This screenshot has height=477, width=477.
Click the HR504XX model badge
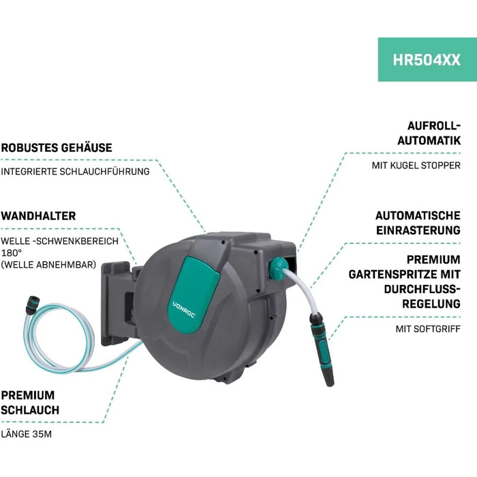click(x=427, y=59)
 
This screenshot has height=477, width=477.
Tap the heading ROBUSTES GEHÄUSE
click(x=57, y=147)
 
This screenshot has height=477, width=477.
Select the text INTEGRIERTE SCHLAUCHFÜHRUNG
click(x=75, y=172)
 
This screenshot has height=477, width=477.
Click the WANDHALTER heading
click(x=38, y=216)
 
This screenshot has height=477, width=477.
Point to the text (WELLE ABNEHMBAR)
click(x=48, y=264)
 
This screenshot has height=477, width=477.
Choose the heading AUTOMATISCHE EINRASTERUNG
click(x=418, y=223)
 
